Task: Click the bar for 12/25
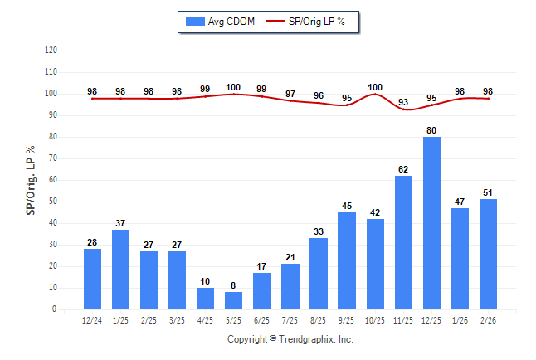pyautogui.click(x=431, y=223)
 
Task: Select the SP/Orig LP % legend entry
pyautogui.click(x=313, y=21)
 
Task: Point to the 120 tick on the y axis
pyautogui.click(x=51, y=50)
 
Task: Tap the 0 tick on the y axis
pyautogui.click(x=55, y=309)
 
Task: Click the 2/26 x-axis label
pyautogui.click(x=488, y=321)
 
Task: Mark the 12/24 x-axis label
pyautogui.click(x=93, y=321)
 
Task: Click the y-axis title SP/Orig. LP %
pyautogui.click(x=31, y=179)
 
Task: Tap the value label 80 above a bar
pyautogui.click(x=431, y=129)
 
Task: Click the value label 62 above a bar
pyautogui.click(x=403, y=168)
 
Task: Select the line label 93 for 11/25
pyautogui.click(x=403, y=102)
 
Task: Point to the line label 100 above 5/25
pyautogui.click(x=234, y=87)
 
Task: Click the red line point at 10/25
pyautogui.click(x=375, y=94)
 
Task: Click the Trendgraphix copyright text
pyautogui.click(x=290, y=339)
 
